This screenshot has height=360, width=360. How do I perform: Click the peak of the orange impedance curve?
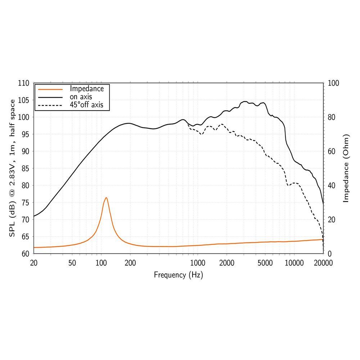point(106,198)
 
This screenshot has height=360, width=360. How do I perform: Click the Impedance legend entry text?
point(87,89)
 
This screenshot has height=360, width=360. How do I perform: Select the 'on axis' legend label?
point(81,96)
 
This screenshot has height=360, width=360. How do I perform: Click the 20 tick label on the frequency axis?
point(33,263)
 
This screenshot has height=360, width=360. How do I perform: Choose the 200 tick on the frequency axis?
point(130,263)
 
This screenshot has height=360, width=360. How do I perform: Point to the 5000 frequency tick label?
point(265,263)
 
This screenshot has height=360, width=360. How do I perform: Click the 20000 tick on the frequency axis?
point(323,263)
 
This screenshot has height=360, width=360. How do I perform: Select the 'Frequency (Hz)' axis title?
point(178,275)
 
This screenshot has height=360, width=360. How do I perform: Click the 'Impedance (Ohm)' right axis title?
point(346,168)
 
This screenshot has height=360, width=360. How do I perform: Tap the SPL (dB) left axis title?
point(12,168)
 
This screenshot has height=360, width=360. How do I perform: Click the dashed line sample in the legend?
point(50,105)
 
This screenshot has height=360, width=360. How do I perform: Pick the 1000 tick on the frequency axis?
point(197,263)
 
